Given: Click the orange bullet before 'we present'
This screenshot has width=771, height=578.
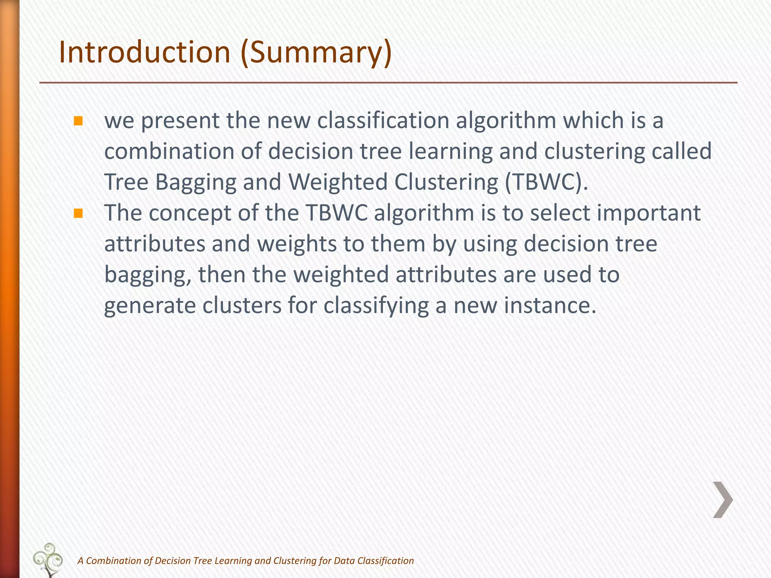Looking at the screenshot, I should tap(78, 121).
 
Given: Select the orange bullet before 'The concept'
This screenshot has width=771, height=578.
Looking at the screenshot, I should tap(78, 214).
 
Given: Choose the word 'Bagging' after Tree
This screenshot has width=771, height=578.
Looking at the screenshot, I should tap(196, 182).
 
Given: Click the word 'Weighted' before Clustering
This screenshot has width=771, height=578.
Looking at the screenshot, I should tap(338, 182).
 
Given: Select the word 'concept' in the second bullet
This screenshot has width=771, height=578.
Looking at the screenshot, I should tap(190, 213).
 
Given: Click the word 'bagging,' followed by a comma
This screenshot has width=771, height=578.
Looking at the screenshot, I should tap(148, 275).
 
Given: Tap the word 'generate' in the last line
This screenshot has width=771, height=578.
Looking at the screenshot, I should tap(150, 306).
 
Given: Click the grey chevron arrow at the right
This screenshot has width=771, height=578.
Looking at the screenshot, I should tap(723, 500).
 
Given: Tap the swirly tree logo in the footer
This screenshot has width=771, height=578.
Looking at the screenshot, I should tap(48, 559).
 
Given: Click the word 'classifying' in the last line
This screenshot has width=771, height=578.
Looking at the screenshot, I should tap(376, 306).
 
